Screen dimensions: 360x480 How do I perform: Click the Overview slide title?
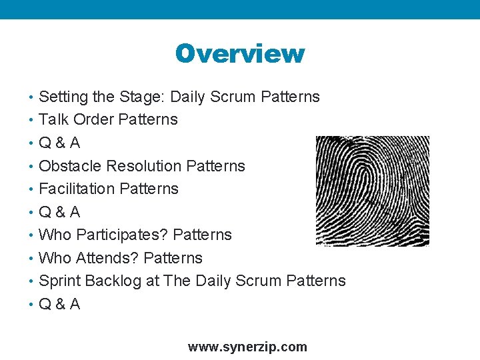(x=239, y=53)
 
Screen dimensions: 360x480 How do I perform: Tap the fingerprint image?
(x=372, y=191)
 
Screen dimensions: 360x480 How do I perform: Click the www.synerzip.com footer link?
(x=247, y=347)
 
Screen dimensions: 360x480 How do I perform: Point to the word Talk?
(x=54, y=120)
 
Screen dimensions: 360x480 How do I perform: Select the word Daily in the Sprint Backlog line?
(x=213, y=281)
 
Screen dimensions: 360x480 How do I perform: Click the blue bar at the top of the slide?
(x=240, y=9)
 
